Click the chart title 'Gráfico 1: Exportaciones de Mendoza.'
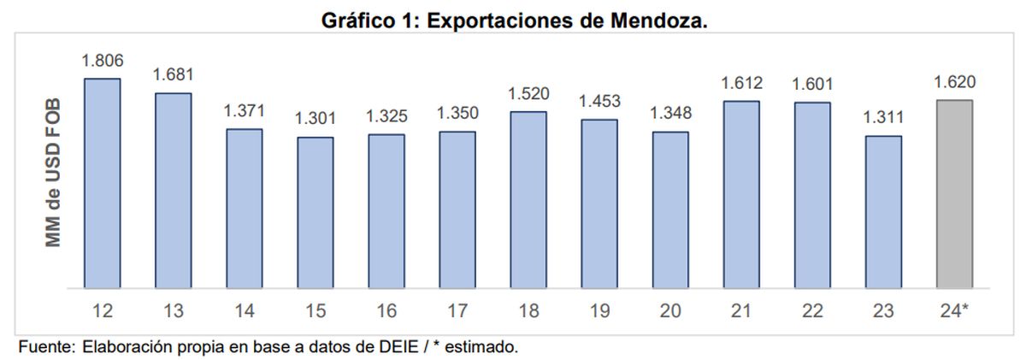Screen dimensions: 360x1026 514,21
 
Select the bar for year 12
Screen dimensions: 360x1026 102,183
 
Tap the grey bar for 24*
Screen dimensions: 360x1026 955,194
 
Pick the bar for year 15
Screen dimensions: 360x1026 315,212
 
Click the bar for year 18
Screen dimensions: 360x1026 528,200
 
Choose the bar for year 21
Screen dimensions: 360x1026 741,194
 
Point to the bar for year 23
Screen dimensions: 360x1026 883,211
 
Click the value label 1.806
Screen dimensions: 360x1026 103,61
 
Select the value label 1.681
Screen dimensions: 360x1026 174,75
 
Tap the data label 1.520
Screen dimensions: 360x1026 528,94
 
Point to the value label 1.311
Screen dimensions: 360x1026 883,118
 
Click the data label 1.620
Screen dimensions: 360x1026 955,82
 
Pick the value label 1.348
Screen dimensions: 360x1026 670,114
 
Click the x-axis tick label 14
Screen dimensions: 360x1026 245,311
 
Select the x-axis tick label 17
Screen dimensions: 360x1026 457,311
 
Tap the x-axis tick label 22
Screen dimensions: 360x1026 812,311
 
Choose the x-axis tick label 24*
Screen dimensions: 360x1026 955,311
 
